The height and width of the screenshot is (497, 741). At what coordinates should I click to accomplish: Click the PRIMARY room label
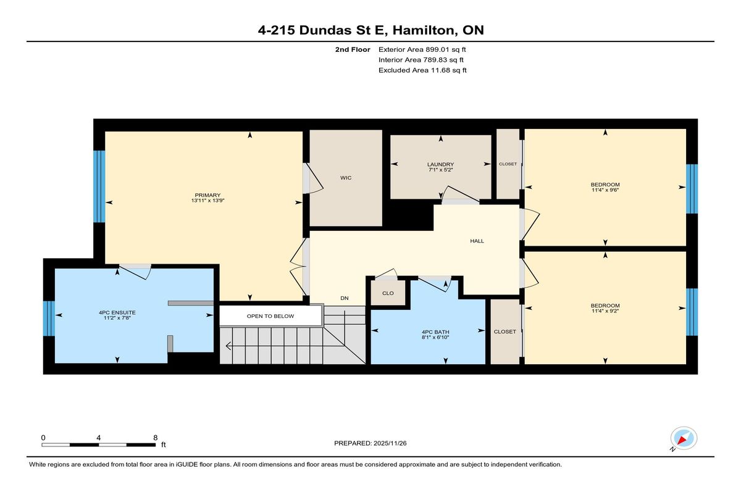click(x=207, y=195)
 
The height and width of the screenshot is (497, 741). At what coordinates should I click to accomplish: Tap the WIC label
click(x=346, y=178)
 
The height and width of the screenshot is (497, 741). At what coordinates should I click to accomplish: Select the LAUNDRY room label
click(x=440, y=164)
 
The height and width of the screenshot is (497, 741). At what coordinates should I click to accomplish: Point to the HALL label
click(x=477, y=241)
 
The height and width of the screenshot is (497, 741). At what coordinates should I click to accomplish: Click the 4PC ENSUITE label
click(x=117, y=312)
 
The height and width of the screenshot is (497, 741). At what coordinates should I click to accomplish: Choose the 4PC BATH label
click(x=435, y=332)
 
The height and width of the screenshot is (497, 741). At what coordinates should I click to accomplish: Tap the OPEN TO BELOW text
click(x=270, y=316)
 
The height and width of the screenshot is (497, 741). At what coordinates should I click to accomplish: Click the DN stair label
click(x=345, y=298)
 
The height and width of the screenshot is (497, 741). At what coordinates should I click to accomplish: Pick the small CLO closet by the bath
click(x=388, y=293)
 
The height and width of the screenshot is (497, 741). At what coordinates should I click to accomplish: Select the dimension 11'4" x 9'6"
click(x=605, y=190)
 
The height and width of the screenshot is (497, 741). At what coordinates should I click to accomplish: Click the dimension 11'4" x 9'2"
click(x=605, y=311)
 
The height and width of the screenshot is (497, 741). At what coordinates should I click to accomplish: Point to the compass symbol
click(x=684, y=438)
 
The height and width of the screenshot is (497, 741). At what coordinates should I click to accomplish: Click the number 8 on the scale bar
click(x=155, y=438)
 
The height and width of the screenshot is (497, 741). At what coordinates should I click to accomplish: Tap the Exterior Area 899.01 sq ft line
click(x=422, y=49)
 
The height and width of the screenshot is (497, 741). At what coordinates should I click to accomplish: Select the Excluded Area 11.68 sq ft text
click(x=422, y=70)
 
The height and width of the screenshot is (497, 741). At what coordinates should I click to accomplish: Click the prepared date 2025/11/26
click(x=390, y=443)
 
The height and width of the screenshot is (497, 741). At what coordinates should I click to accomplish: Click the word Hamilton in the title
click(x=423, y=30)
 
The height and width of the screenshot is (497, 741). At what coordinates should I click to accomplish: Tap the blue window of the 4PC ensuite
click(x=49, y=318)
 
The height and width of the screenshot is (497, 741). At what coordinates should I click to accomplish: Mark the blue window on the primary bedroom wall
click(x=99, y=186)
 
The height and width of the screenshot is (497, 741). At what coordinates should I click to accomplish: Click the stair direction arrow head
click(x=228, y=346)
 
